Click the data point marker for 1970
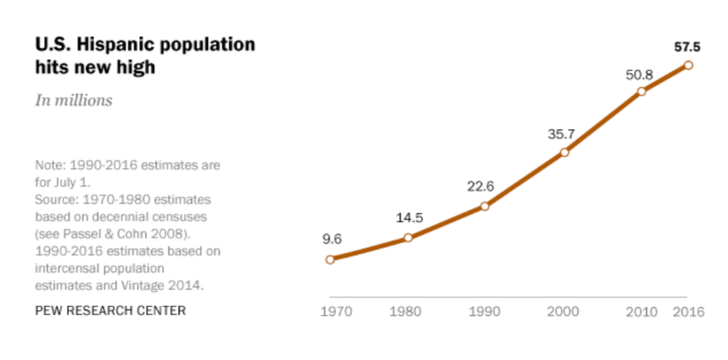(330, 259)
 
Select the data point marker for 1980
(408, 238)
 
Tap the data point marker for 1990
(485, 206)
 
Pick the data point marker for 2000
(564, 152)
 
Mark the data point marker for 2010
(641, 92)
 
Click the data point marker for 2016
(688, 65)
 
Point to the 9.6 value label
(332, 238)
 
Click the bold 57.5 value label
(688, 47)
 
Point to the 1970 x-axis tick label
(336, 311)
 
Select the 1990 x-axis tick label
(485, 311)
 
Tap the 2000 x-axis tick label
(564, 311)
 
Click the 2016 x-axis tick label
(689, 311)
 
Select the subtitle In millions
(73, 100)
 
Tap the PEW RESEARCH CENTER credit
(111, 310)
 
